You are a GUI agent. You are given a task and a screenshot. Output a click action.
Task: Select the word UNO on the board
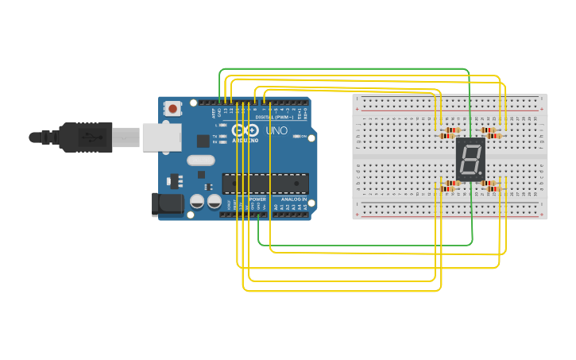click(276, 130)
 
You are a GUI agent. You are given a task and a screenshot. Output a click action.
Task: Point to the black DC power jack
click(167, 203)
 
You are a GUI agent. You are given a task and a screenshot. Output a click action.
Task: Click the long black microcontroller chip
click(265, 183)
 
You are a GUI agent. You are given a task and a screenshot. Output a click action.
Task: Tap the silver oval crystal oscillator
click(201, 161)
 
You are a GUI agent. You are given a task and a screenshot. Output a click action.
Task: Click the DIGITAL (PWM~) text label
click(274, 117)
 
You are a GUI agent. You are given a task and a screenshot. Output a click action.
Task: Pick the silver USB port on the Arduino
click(162, 137)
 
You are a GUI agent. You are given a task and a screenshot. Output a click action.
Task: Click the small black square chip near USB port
click(203, 141)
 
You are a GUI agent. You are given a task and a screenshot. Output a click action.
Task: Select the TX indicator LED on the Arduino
click(224, 136)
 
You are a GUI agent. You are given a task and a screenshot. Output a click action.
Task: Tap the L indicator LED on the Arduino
click(224, 126)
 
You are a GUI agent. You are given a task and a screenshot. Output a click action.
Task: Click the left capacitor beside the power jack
click(196, 201)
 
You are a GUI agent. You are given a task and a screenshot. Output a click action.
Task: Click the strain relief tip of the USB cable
click(36, 137)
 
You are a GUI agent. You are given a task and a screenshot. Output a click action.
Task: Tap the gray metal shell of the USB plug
click(126, 137)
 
